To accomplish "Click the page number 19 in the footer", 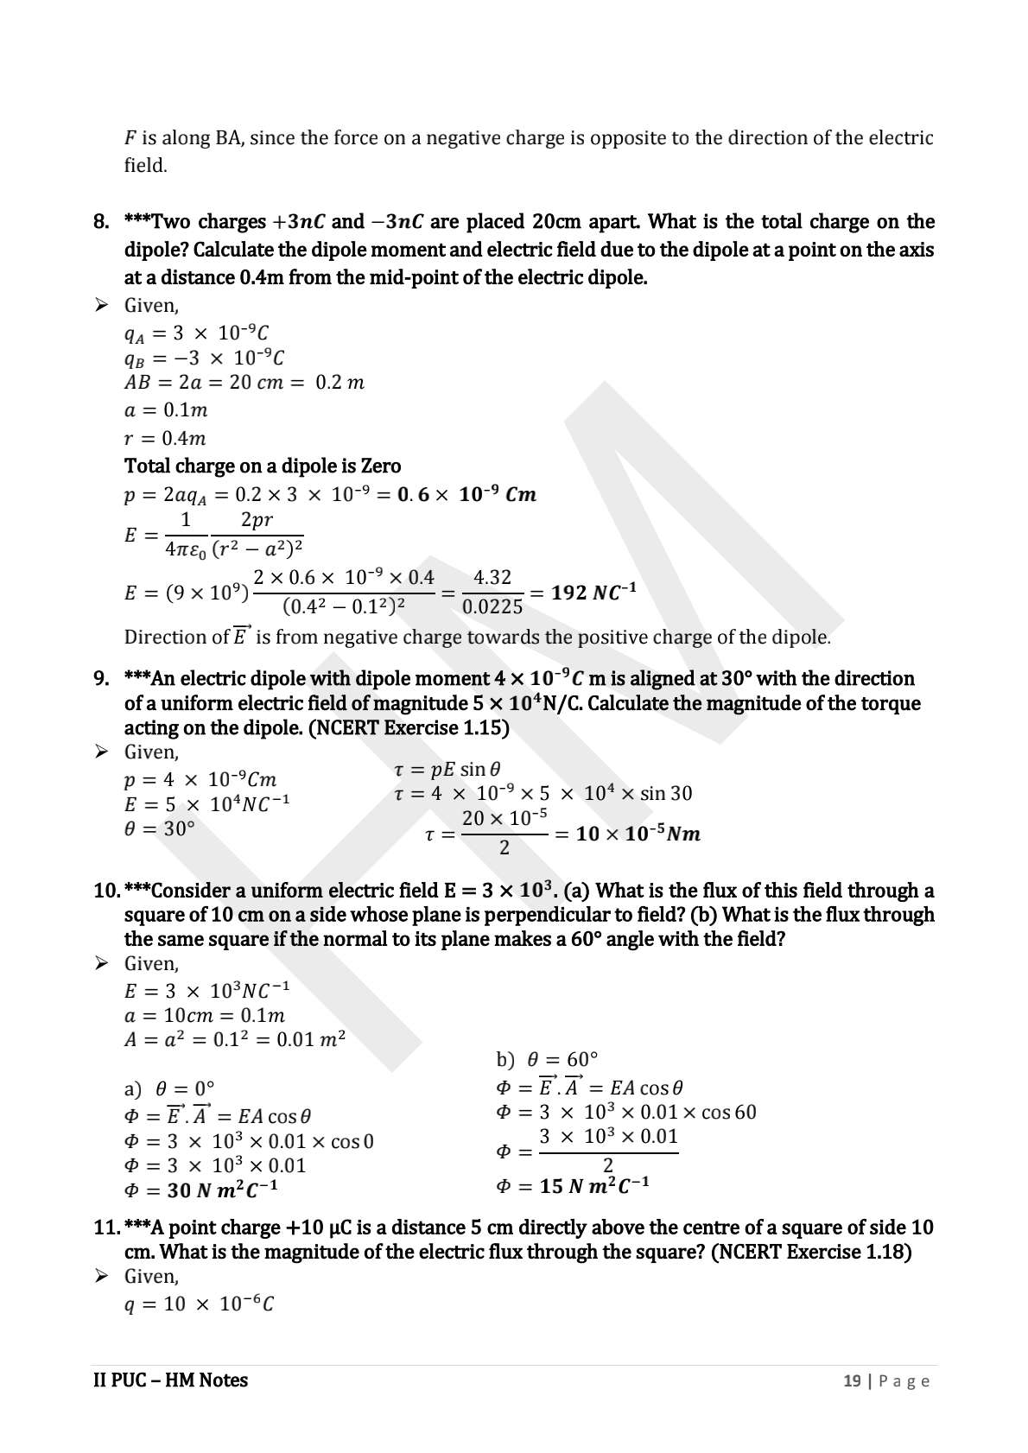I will pyautogui.click(x=852, y=1380).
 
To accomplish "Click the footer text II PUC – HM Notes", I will pyautogui.click(x=170, y=1380).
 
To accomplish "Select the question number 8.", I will pyautogui.click(x=101, y=222).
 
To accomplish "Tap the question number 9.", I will pyautogui.click(x=101, y=679).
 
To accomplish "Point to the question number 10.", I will pyautogui.click(x=105, y=891).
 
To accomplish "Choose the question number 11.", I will pyautogui.click(x=105, y=1228).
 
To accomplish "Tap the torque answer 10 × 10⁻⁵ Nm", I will pyautogui.click(x=638, y=834).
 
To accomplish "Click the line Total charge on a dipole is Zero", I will pyautogui.click(x=263, y=466).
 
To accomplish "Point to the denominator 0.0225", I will pyautogui.click(x=492, y=607).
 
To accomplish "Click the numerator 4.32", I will pyautogui.click(x=492, y=577).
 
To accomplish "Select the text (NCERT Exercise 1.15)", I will pyautogui.click(x=409, y=727).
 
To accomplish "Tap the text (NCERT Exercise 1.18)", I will pyautogui.click(x=811, y=1252).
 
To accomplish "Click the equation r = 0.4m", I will pyautogui.click(x=165, y=438).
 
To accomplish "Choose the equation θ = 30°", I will pyautogui.click(x=160, y=828).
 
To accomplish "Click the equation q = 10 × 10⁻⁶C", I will pyautogui.click(x=200, y=1304).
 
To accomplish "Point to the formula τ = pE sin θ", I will pyautogui.click(x=447, y=769).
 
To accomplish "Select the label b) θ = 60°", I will pyautogui.click(x=548, y=1059).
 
